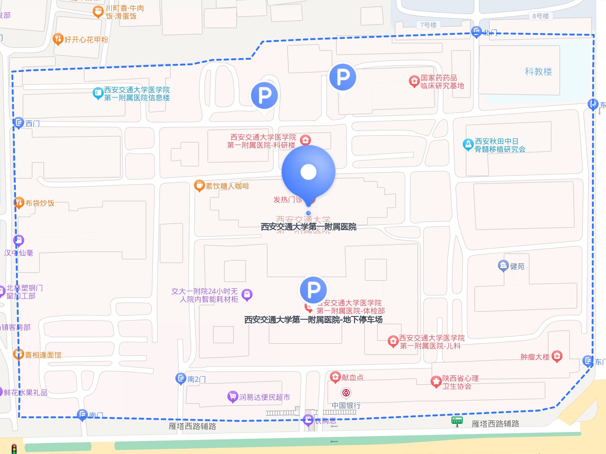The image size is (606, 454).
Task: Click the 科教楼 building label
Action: (x=538, y=72)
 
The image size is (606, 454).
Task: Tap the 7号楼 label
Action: (x=428, y=25)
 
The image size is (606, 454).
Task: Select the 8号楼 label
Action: (x=541, y=16)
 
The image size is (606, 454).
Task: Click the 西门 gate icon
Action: (x=19, y=123)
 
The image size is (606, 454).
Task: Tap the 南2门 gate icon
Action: (x=181, y=378)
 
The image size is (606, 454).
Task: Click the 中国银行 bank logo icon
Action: (x=346, y=393)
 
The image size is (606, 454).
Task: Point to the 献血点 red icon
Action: (x=335, y=377)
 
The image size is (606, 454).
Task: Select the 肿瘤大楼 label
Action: (x=535, y=357)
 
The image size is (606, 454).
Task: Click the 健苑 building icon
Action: (x=503, y=266)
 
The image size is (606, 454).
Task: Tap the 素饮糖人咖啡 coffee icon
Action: (x=199, y=185)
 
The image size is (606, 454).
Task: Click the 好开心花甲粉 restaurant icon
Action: (x=58, y=39)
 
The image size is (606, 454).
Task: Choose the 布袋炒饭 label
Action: (x=40, y=203)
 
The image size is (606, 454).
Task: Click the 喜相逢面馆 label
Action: (x=43, y=355)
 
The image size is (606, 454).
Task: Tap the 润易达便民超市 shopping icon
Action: (x=233, y=396)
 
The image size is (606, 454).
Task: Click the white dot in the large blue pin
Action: (x=308, y=172)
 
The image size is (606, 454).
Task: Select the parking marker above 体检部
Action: (x=313, y=289)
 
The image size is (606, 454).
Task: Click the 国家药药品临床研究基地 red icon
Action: (x=414, y=81)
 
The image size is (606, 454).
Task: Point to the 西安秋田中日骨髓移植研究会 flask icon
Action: (x=468, y=144)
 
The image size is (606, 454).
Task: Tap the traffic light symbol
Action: (x=14, y=449)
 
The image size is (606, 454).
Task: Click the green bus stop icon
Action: (x=457, y=421)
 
